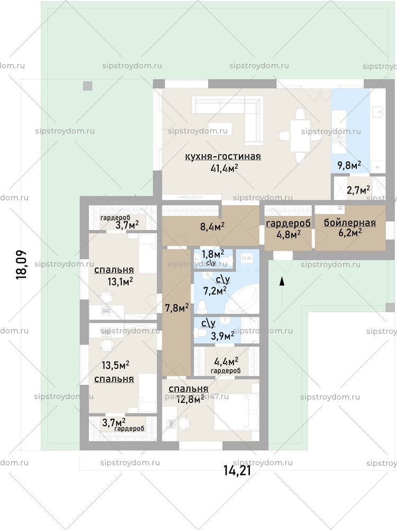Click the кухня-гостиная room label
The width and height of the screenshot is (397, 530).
223,156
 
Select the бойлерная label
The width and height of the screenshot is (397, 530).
350,223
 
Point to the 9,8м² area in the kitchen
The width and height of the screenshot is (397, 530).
349,165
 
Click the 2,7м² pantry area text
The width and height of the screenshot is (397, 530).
358,189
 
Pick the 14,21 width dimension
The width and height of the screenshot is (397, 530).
237,470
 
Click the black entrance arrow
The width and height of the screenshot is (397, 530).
282,281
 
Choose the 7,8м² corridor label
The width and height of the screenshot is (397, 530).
177,307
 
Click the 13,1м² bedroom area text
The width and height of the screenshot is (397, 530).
120,281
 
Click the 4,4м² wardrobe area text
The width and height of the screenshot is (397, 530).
225,362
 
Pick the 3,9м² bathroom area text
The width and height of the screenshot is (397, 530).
222,335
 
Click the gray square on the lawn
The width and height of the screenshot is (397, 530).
87,85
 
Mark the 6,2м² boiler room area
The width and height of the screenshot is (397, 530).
350,232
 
